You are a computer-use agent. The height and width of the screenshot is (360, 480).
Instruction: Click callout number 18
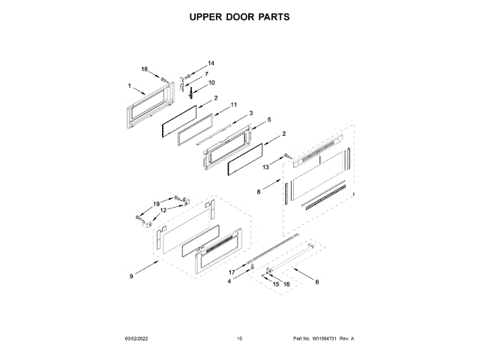click(x=145, y=69)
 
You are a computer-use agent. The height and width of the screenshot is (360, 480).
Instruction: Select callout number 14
click(x=211, y=63)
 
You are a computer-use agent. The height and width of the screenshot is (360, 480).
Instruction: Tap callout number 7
click(x=206, y=73)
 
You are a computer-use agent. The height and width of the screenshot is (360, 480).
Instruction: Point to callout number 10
click(x=211, y=82)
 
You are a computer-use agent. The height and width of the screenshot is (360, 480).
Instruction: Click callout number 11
click(x=233, y=105)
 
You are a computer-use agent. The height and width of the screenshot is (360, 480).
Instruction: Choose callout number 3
click(x=251, y=113)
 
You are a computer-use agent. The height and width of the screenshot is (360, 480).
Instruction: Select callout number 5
click(x=268, y=120)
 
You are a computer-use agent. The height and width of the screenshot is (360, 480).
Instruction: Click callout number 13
click(x=265, y=167)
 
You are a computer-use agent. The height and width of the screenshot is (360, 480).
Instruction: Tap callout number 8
click(x=259, y=193)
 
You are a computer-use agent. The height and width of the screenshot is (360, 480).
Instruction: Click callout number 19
click(x=157, y=204)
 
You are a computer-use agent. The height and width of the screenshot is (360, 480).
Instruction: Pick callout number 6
click(x=316, y=282)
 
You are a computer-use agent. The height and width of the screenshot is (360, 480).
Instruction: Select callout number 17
click(x=232, y=271)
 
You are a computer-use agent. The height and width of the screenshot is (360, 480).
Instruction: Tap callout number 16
click(x=286, y=285)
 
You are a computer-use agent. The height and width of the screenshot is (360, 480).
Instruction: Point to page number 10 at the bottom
click(x=239, y=339)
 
